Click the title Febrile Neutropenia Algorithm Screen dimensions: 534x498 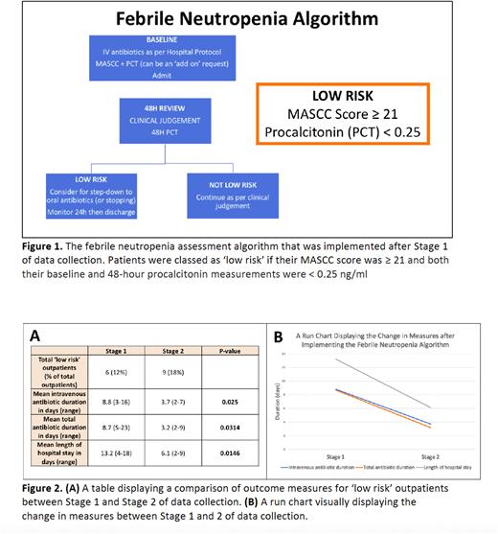248,19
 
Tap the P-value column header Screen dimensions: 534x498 225,352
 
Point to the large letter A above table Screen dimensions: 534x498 34,335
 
